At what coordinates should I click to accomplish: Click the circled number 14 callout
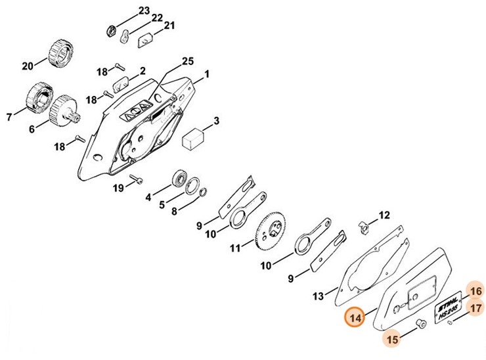coord(355,318)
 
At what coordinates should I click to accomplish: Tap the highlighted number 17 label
coord(475,307)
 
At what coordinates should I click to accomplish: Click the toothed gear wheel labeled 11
coord(273,231)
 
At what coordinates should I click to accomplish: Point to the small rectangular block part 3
coord(193,139)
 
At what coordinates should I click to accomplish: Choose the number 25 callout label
coord(188,61)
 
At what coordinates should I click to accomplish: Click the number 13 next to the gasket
coord(318,297)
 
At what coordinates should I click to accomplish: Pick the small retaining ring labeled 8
coord(204,192)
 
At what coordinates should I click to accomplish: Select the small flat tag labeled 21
coord(145,40)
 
